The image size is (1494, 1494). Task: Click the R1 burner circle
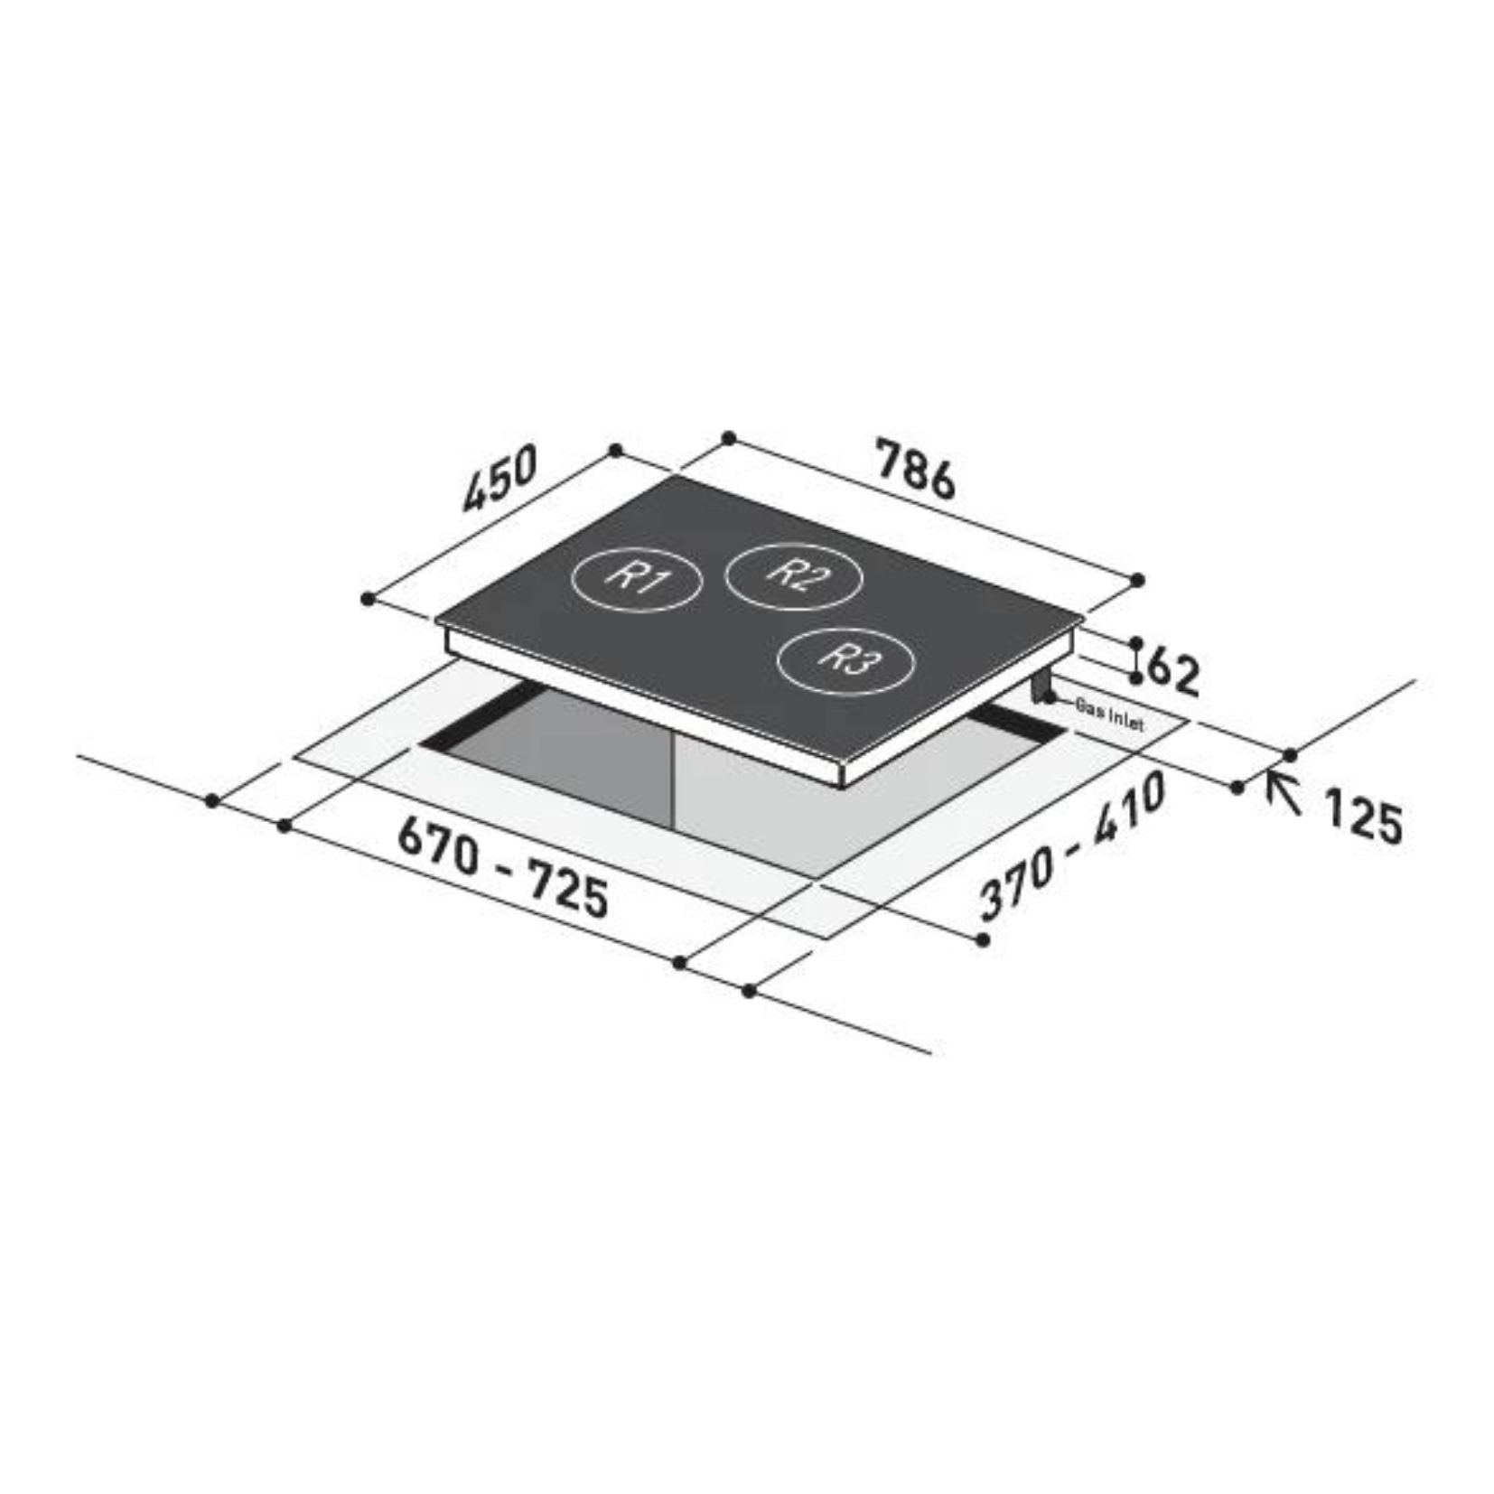tap(636, 579)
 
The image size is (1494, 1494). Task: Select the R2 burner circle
tap(794, 575)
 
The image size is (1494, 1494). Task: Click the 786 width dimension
tap(914, 468)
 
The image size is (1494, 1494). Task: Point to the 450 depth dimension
tap(500, 478)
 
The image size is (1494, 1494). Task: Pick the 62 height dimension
tap(1172, 671)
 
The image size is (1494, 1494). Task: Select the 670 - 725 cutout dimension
tap(503, 866)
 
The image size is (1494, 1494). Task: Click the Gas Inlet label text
tap(1109, 715)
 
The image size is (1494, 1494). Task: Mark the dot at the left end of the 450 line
tap(367, 599)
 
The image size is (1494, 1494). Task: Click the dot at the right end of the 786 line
tap(1137, 580)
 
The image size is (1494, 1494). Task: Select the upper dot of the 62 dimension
tap(1136, 642)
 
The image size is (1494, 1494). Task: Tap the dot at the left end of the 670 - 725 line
tap(285, 826)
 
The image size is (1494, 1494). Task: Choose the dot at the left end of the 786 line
tap(729, 438)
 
